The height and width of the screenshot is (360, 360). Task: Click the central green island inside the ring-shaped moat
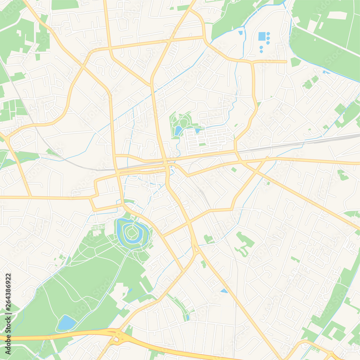(x=132, y=233)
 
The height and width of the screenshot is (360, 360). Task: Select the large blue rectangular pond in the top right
(x=262, y=36)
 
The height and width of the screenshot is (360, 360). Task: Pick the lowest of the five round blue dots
(x=261, y=51)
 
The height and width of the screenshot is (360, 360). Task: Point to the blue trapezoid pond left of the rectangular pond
(x=240, y=33)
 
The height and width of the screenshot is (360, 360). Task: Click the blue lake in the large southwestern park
(x=67, y=323)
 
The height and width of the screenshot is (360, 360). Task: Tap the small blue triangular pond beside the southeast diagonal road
(x=224, y=291)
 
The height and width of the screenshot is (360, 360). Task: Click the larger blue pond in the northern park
(x=178, y=130)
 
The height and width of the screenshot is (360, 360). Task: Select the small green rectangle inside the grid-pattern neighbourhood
(x=202, y=144)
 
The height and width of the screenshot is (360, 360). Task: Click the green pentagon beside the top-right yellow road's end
(x=295, y=62)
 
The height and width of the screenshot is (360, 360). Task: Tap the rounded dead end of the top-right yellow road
(x=285, y=62)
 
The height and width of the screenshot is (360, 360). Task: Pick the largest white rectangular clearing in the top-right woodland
(x=337, y=15)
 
